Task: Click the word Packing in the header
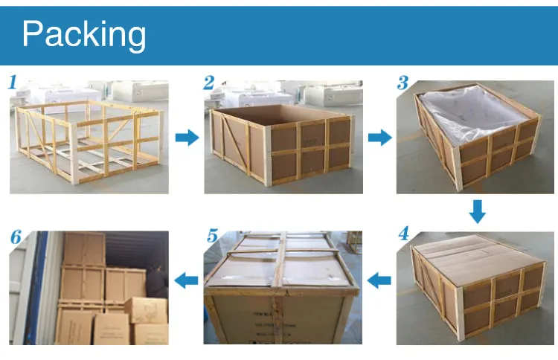coord(84,34)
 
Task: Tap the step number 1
coord(13,82)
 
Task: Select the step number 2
coord(209,82)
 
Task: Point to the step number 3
coord(403,82)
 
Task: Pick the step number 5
coord(212,237)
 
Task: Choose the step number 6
coord(16,238)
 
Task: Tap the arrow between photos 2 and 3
coord(380,138)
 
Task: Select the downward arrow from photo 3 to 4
coord(477,211)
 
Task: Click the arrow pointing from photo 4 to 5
coord(380,280)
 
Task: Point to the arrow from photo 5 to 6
coord(186,280)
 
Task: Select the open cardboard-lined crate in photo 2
coord(283,141)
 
